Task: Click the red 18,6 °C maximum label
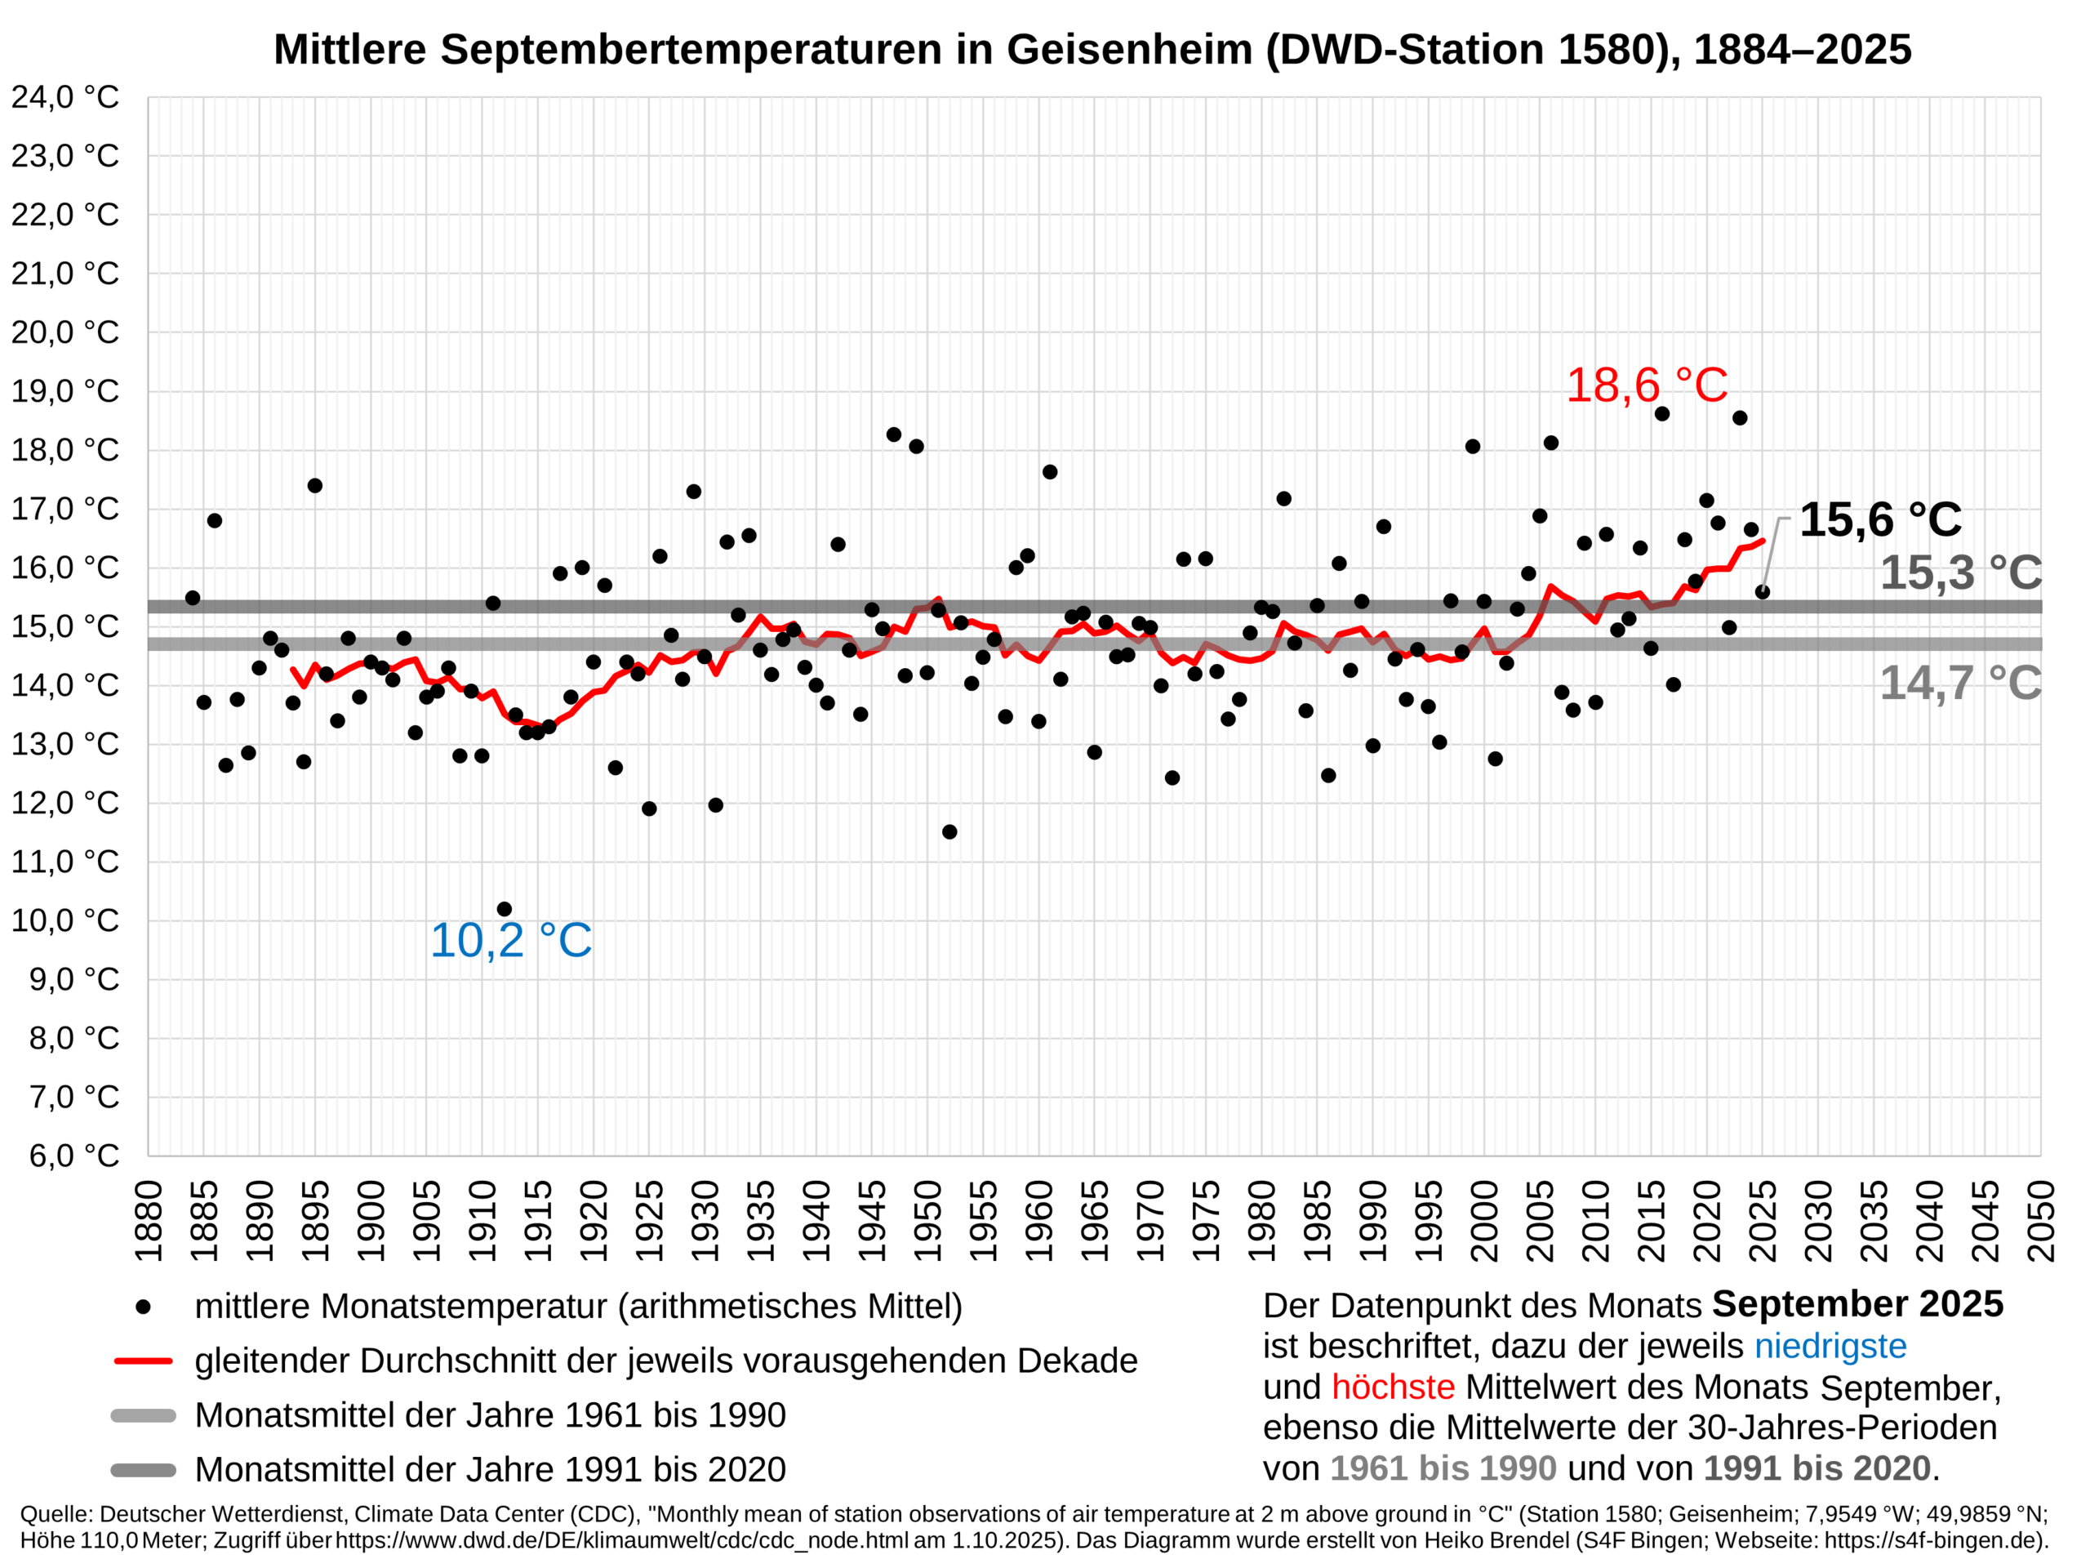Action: tap(1646, 385)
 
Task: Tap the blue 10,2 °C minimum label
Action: tap(510, 941)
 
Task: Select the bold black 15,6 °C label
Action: tap(1879, 520)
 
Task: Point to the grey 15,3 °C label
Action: tap(1959, 572)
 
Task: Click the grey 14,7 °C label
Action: tap(1959, 683)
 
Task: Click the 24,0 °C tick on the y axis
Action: tap(64, 97)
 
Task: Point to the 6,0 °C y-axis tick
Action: tap(73, 1155)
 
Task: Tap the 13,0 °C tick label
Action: tap(64, 744)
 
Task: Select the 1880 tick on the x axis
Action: tap(149, 1220)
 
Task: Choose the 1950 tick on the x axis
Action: tap(927, 1220)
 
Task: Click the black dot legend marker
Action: tap(143, 1307)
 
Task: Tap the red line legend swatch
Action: tap(143, 1361)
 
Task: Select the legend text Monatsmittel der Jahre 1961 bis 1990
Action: tap(489, 1415)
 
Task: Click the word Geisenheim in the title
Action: tap(1129, 49)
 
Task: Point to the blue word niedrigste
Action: tap(1830, 1346)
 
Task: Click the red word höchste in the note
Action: tap(1393, 1388)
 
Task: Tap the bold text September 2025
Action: tap(1857, 1304)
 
